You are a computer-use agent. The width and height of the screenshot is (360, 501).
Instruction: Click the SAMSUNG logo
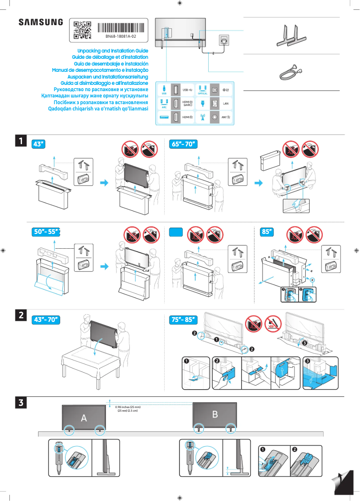pyautogui.click(x=41, y=22)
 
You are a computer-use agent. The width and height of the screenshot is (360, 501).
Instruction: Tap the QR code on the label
pyautogui.click(x=82, y=30)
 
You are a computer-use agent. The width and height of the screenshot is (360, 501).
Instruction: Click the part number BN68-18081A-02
pyautogui.click(x=121, y=36)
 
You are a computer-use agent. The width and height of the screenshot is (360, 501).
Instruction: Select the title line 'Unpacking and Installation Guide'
pyautogui.click(x=113, y=51)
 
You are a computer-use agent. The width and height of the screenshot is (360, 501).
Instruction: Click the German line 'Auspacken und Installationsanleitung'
pyautogui.click(x=104, y=77)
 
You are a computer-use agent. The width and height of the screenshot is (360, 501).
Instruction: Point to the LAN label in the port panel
pyautogui.click(x=226, y=103)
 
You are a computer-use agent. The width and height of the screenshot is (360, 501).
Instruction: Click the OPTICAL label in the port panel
pyautogui.click(x=202, y=93)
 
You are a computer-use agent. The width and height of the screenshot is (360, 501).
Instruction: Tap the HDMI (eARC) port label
pyautogui.click(x=187, y=104)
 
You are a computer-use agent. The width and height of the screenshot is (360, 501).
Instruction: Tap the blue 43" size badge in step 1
pyautogui.click(x=39, y=144)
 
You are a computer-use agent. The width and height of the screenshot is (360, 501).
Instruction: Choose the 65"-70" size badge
pyautogui.click(x=184, y=144)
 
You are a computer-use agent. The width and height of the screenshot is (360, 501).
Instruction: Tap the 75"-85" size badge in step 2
pyautogui.click(x=184, y=320)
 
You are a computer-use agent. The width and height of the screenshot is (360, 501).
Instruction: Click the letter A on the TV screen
pyautogui.click(x=83, y=418)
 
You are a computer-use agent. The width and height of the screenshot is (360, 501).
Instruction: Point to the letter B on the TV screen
pyautogui.click(x=215, y=414)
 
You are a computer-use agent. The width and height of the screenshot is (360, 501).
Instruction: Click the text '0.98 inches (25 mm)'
pyautogui.click(x=128, y=407)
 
